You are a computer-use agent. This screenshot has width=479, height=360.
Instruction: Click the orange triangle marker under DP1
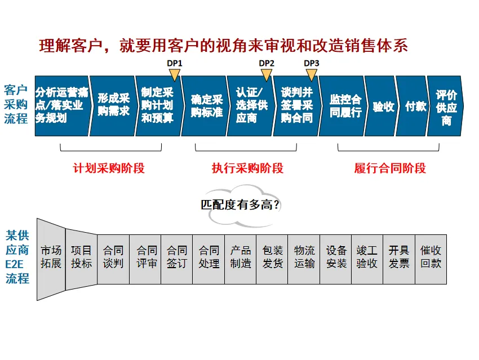click(x=175, y=74)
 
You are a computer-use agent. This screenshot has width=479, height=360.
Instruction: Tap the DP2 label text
click(x=267, y=63)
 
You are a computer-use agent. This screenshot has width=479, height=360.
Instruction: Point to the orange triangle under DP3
click(x=312, y=74)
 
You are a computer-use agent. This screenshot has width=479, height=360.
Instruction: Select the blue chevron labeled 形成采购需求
click(x=112, y=106)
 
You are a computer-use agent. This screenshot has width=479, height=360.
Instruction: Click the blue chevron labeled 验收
click(x=382, y=106)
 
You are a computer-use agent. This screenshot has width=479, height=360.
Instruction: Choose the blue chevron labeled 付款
click(x=414, y=106)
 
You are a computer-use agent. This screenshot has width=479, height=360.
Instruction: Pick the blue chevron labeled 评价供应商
click(x=446, y=106)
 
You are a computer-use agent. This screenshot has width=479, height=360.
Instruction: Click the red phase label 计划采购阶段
click(x=109, y=168)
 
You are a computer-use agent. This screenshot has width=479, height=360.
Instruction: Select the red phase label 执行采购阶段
click(x=247, y=168)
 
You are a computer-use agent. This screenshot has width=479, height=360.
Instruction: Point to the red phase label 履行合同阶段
click(x=390, y=168)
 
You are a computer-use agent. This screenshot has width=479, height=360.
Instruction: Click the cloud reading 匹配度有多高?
click(x=241, y=205)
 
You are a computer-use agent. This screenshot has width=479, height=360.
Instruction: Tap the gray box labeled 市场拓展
click(x=51, y=257)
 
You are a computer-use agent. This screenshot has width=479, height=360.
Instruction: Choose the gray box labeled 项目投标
click(x=81, y=257)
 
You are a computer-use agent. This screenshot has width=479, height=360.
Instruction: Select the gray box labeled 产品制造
click(x=241, y=257)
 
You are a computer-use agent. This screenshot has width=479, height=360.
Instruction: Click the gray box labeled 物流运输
click(x=304, y=257)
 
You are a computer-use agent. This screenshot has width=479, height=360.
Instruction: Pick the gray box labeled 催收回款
click(x=431, y=257)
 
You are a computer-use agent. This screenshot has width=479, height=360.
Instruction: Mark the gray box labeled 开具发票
click(x=399, y=257)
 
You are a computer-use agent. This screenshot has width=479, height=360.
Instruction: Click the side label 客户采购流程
click(x=16, y=104)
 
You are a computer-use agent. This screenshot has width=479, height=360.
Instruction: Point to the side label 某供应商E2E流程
click(x=17, y=257)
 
